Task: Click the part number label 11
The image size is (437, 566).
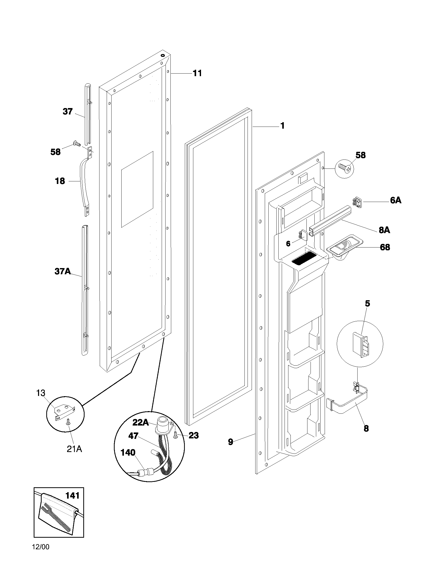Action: (197, 73)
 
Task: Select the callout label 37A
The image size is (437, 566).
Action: (62, 271)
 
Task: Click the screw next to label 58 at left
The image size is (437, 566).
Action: (77, 143)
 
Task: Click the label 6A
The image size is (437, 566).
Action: (396, 200)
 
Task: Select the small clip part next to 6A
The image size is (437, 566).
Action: (357, 202)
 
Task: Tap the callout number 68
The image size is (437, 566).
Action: (385, 247)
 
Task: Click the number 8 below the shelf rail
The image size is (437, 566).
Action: (366, 428)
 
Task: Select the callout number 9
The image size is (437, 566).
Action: (230, 442)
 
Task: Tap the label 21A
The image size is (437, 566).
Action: (74, 449)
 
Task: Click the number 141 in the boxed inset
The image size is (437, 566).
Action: (72, 496)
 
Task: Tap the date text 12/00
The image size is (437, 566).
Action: (41, 554)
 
